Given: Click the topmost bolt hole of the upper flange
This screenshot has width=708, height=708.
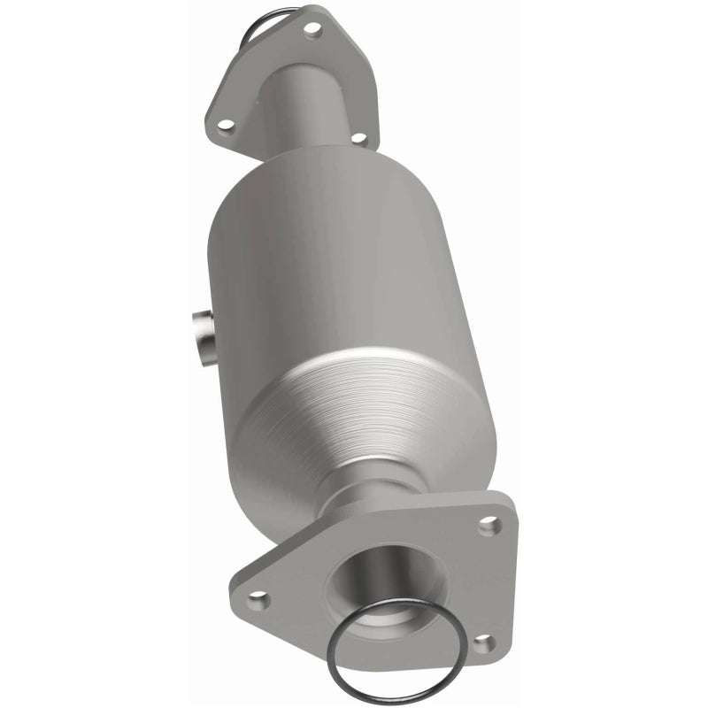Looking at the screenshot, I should tap(312, 28).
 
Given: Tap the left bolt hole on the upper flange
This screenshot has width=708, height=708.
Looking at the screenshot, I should tap(225, 126).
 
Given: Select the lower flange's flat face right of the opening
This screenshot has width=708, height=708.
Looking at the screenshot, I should tap(460, 584).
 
